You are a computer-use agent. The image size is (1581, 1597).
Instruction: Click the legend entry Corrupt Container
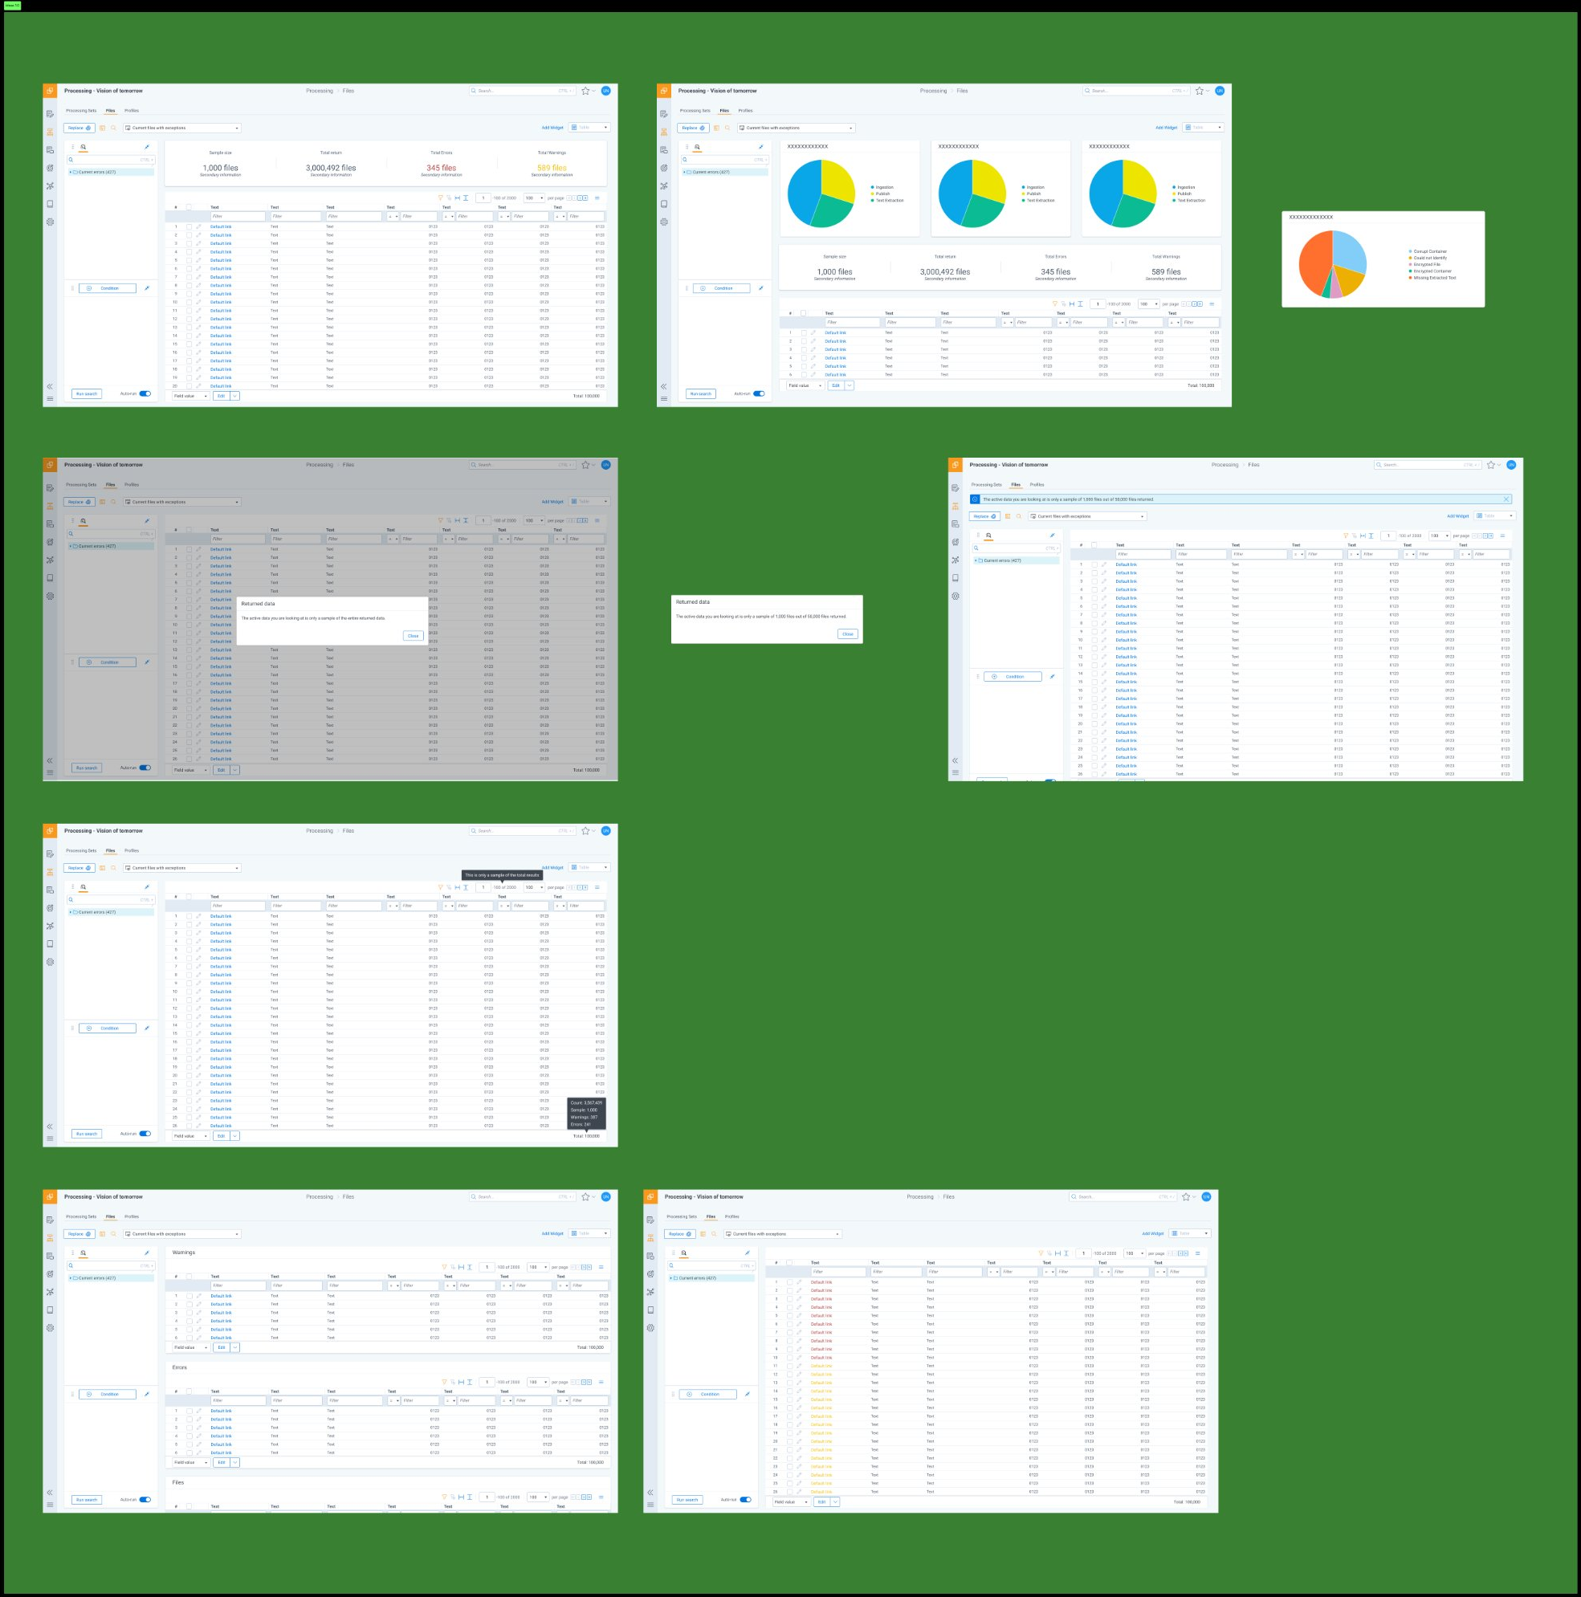[x=1430, y=251]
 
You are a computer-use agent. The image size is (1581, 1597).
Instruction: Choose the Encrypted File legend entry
[x=1427, y=264]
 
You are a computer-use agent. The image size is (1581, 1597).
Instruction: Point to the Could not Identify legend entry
[x=1430, y=258]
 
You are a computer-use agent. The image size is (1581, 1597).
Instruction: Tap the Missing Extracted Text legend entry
[x=1434, y=278]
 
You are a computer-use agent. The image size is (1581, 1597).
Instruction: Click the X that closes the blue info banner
[x=1506, y=499]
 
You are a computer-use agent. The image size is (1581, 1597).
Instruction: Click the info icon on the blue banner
[x=975, y=499]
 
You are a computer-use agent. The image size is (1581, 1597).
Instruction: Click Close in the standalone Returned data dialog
[x=847, y=634]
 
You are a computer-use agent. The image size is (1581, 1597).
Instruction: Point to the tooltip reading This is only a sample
[x=502, y=874]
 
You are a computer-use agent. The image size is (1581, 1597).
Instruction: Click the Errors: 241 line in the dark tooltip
[x=581, y=1124]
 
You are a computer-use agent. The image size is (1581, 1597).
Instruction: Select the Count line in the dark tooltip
[x=586, y=1102]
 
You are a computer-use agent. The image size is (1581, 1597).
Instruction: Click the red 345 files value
[x=442, y=168]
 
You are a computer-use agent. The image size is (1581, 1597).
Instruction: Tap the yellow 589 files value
[x=552, y=168]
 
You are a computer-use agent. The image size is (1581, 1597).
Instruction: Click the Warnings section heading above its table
[x=183, y=1253]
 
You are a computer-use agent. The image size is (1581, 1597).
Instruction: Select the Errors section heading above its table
[x=179, y=1367]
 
